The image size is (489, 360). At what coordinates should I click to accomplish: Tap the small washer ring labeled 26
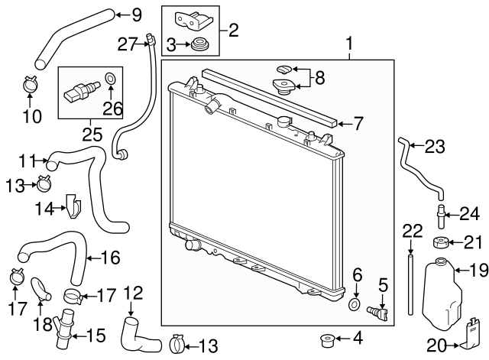(x=110, y=77)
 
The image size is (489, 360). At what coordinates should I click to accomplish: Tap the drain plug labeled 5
(x=379, y=313)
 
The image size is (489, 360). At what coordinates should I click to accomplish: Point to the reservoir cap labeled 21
(x=440, y=244)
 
